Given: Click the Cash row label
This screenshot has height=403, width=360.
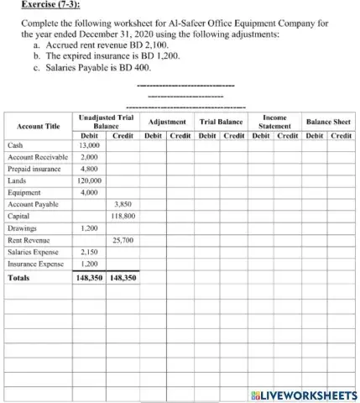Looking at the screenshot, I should tap(15, 144).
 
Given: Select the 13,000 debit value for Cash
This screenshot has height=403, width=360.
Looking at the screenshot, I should tap(89, 144).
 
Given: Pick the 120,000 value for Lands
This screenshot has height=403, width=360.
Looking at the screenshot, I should tap(89, 180).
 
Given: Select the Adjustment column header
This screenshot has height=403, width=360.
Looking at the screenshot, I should tap(165, 122).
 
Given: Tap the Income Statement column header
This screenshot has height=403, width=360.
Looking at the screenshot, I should tap(275, 122).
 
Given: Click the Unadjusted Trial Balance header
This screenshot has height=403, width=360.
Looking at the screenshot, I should tap(106, 122).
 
